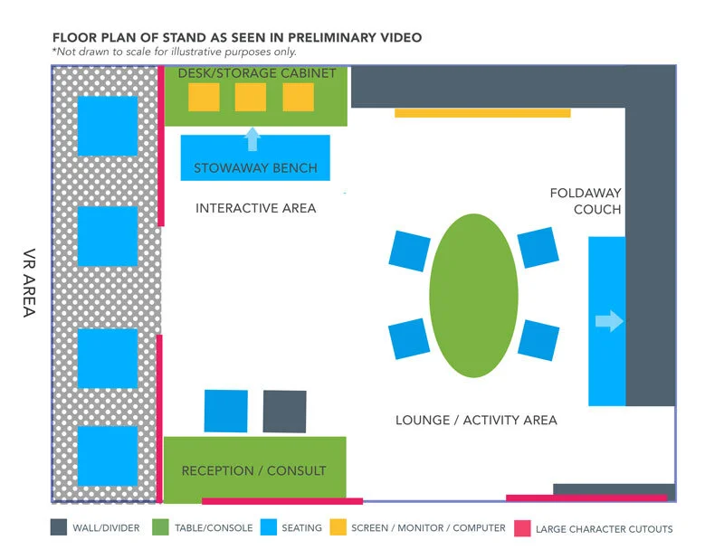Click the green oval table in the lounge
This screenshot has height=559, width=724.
[x=473, y=295]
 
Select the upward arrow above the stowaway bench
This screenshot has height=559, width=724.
[x=252, y=139]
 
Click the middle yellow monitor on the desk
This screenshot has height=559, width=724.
[x=251, y=97]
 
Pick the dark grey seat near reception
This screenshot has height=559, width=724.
[x=284, y=412]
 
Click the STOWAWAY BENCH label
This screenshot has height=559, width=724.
[x=255, y=168]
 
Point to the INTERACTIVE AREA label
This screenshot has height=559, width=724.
[x=256, y=208]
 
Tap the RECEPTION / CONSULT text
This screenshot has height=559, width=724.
[x=253, y=470]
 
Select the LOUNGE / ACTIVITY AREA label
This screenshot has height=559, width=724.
[x=476, y=420]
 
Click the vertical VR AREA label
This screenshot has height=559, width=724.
[x=28, y=283]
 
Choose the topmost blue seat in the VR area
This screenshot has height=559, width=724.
[x=108, y=126]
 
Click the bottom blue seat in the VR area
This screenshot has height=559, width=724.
[x=108, y=456]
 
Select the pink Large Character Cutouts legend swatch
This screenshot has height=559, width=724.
[x=521, y=527]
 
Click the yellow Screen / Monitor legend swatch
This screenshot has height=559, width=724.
[x=338, y=527]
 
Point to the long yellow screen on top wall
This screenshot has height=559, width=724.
[x=482, y=113]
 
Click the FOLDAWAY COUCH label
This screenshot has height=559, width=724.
[x=586, y=202]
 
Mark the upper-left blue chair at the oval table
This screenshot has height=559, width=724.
[x=409, y=250]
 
